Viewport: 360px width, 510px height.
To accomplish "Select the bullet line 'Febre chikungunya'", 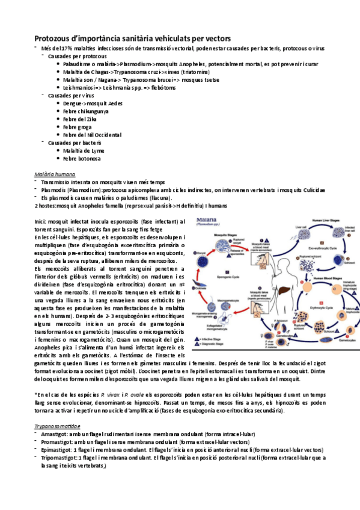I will pos(89,111).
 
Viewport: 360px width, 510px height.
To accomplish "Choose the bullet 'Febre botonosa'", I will pos(82,158).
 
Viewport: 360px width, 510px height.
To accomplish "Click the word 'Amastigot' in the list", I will pos(51,433).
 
